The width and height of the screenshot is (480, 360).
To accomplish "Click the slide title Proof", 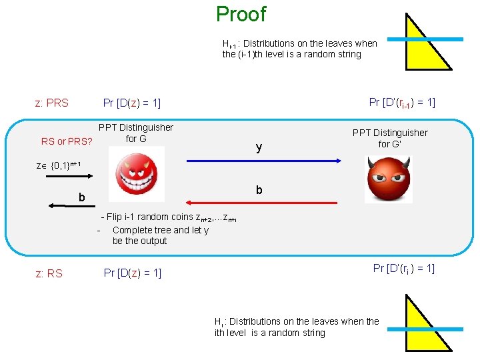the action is (x=241, y=14).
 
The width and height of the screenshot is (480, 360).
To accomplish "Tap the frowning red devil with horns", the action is (x=388, y=179).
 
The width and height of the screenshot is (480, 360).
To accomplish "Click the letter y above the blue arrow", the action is (x=259, y=147).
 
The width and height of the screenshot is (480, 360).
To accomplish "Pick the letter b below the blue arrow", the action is (x=259, y=190).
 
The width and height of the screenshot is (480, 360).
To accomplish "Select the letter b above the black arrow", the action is (x=81, y=197).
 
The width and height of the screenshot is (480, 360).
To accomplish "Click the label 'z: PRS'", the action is (x=51, y=103).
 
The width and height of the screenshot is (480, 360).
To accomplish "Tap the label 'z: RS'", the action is (x=49, y=273).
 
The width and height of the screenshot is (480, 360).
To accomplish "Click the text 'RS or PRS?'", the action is (x=66, y=141).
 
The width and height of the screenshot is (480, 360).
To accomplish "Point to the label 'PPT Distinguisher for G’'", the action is (x=390, y=138).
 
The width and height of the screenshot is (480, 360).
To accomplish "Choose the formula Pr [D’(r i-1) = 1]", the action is (x=402, y=102).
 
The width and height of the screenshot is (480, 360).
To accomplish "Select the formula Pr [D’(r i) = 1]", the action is (x=403, y=269).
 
